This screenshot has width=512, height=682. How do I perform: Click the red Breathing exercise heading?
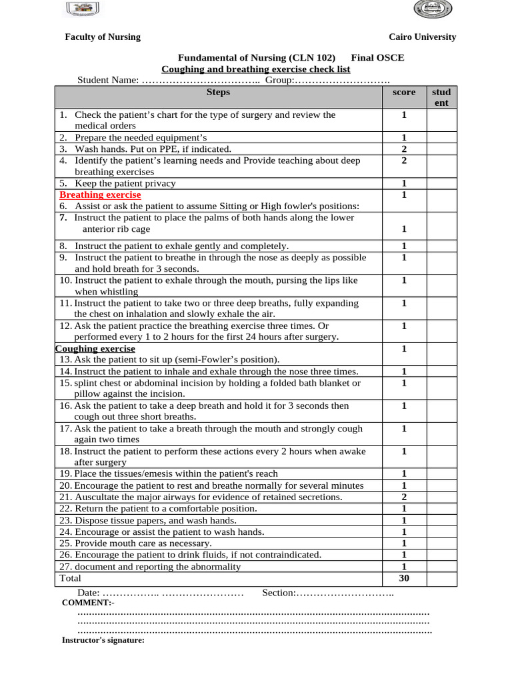click(100, 195)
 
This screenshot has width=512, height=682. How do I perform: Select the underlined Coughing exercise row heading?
click(95, 349)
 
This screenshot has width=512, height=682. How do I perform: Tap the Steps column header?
click(218, 93)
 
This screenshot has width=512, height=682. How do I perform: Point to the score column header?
click(404, 93)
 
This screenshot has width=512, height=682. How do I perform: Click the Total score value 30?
click(404, 578)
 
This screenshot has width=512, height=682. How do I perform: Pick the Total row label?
click(70, 578)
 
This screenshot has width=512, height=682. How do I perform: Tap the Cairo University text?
click(423, 37)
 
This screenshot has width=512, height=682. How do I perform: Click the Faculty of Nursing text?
click(103, 37)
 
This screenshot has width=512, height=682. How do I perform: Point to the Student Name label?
click(107, 81)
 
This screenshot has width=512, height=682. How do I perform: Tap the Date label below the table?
click(88, 592)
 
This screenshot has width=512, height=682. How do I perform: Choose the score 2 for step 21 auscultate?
click(404, 497)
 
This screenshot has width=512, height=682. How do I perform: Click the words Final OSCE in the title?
click(377, 58)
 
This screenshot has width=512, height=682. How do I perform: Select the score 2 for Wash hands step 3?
click(404, 149)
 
